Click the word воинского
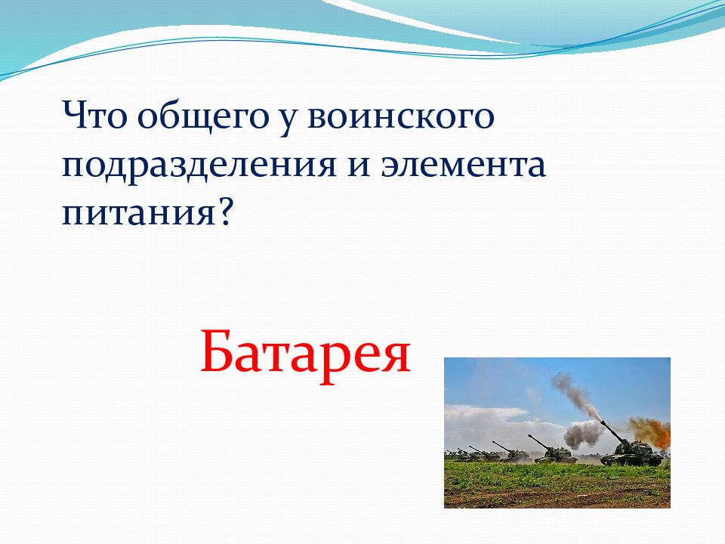click(x=401, y=118)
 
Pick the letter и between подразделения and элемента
click(x=359, y=166)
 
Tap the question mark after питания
click(x=224, y=211)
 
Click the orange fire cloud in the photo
click(x=650, y=430)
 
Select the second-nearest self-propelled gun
click(x=554, y=450)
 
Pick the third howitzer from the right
click(x=511, y=453)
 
